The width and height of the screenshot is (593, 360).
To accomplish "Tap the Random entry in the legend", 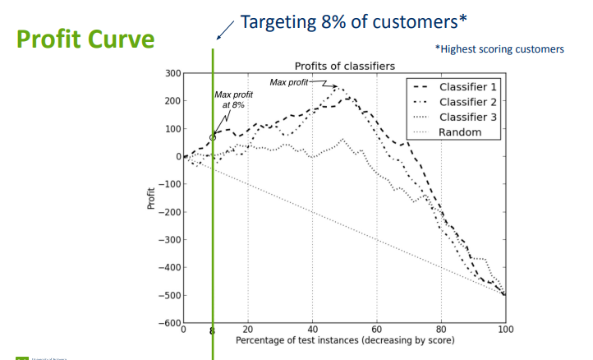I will tap(460, 132).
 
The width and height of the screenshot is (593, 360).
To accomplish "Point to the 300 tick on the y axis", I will tap(172, 74).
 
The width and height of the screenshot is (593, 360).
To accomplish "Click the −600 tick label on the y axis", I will tap(168, 323).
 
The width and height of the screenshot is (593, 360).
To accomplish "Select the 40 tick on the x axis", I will tap(312, 330).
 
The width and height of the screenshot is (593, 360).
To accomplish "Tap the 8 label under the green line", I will tap(213, 331).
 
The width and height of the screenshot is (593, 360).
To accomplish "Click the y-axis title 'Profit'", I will tap(151, 199).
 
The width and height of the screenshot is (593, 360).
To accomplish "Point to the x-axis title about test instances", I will tap(344, 340).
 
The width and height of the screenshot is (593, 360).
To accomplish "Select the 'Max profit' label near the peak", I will tap(289, 82).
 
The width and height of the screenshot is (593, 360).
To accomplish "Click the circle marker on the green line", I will tap(213, 137).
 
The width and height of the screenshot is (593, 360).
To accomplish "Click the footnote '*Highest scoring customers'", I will tap(499, 49).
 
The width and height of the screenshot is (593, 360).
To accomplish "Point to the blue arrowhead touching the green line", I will tap(218, 36).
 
